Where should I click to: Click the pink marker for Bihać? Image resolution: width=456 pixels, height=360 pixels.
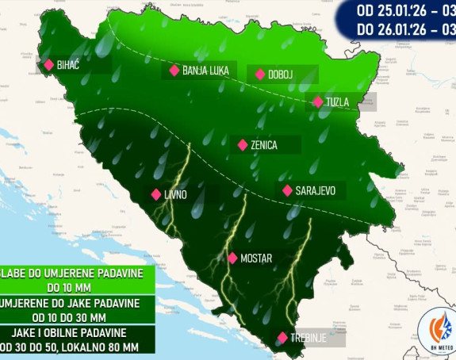click(x=49, y=65)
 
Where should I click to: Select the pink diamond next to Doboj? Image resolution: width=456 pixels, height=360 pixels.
click(x=259, y=75)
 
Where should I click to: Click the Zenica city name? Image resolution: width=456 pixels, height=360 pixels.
click(x=263, y=146)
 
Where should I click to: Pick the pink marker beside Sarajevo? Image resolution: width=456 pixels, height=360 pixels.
click(x=287, y=190)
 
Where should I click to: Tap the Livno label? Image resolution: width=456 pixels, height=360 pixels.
click(x=176, y=194)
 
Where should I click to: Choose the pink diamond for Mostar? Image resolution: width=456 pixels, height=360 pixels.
click(x=232, y=258)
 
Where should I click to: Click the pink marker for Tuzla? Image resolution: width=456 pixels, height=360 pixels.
click(x=318, y=101)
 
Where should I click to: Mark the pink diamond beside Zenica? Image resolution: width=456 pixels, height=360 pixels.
click(x=243, y=145)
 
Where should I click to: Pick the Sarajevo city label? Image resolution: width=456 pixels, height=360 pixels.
click(x=316, y=191)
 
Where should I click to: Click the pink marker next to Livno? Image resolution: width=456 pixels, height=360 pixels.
click(x=155, y=194)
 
